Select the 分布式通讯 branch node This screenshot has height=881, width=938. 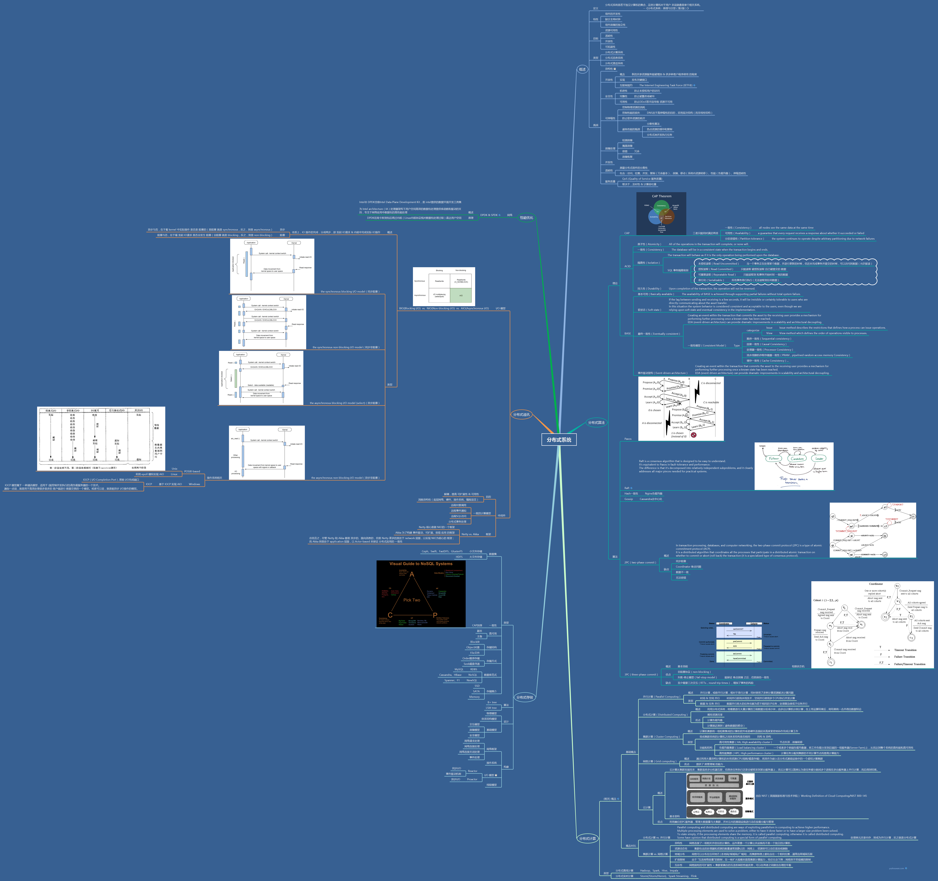click(521, 414)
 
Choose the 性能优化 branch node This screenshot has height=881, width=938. click(526, 218)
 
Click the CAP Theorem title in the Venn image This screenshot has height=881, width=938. click(662, 196)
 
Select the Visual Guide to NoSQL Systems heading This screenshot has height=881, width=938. click(421, 564)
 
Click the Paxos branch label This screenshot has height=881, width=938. click(628, 439)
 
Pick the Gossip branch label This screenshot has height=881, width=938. click(629, 499)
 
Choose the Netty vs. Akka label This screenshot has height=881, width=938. click(470, 534)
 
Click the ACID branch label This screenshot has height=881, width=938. click(627, 266)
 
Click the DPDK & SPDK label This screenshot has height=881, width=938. click(489, 215)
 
